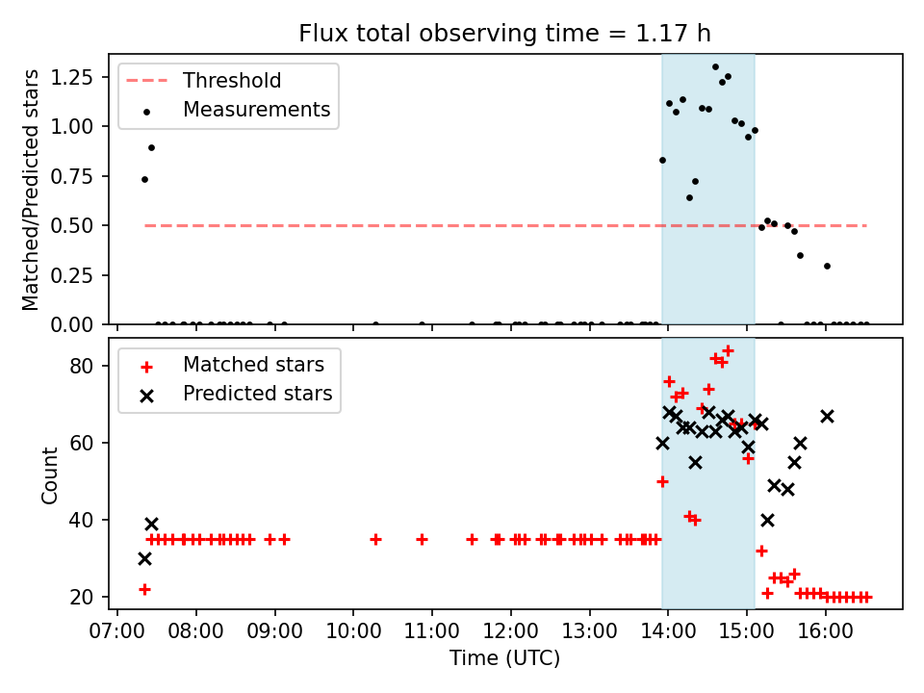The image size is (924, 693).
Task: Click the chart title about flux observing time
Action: tap(504, 34)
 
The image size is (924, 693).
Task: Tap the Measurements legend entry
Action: tap(256, 110)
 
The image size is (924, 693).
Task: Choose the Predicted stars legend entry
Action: tap(258, 394)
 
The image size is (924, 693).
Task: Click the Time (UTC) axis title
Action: tap(504, 659)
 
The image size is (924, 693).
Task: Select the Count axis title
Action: tap(50, 475)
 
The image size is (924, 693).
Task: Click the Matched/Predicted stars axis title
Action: tap(32, 190)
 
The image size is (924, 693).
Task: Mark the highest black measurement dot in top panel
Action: tap(715, 67)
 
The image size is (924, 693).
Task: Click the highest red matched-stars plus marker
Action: tap(728, 350)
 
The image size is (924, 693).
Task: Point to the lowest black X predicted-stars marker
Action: tap(144, 558)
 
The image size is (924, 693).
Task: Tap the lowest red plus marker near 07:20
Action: tap(144, 589)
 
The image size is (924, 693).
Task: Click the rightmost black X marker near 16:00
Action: tap(827, 416)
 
